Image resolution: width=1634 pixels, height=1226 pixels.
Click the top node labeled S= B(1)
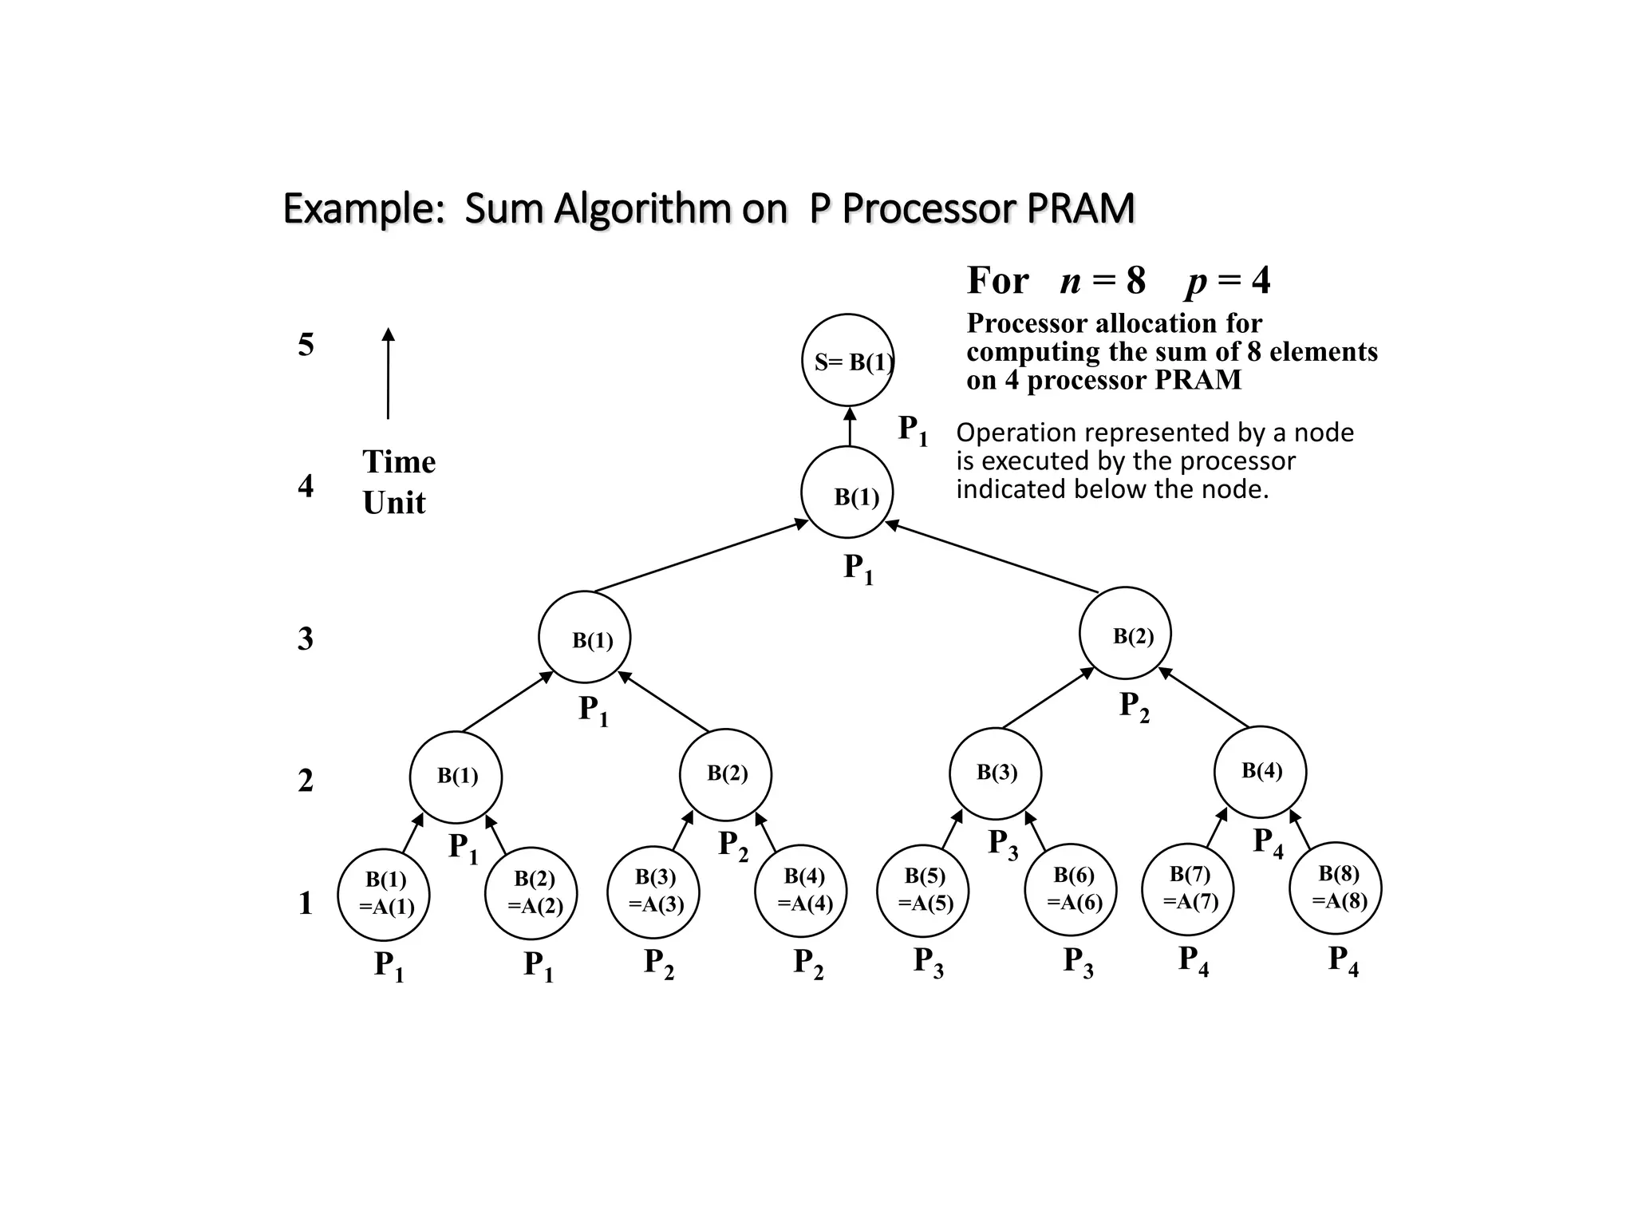click(x=848, y=360)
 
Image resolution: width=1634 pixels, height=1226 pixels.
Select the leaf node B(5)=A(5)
click(x=923, y=889)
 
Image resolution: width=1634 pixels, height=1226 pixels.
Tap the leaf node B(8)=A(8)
click(x=1336, y=888)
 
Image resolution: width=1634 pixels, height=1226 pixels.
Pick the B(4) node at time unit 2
click(x=1260, y=772)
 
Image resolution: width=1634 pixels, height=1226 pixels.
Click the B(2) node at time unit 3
click(x=1125, y=634)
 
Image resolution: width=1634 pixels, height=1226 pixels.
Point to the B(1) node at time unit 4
click(x=847, y=492)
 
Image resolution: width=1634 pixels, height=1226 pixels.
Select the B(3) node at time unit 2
click(x=995, y=773)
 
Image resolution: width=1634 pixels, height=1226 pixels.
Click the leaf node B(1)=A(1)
click(x=384, y=893)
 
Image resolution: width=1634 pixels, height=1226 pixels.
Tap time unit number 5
click(x=306, y=345)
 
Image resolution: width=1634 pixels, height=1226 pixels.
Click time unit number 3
click(x=306, y=639)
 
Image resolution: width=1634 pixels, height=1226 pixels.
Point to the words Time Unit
click(x=398, y=482)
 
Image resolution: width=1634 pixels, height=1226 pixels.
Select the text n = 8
click(x=1103, y=281)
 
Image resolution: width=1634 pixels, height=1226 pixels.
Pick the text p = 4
click(x=1228, y=281)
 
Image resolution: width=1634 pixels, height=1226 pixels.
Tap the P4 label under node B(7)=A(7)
click(x=1194, y=961)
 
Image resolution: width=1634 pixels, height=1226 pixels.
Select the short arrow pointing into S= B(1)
click(x=850, y=426)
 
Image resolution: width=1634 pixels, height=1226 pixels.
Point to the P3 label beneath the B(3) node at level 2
click(x=1003, y=844)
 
